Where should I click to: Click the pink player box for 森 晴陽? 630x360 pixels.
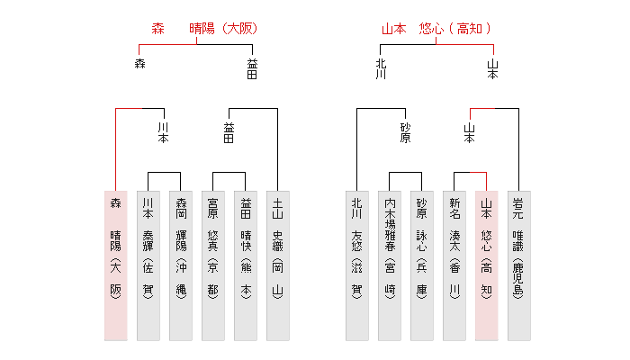(x=115, y=265)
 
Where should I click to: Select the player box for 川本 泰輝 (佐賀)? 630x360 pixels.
(x=148, y=265)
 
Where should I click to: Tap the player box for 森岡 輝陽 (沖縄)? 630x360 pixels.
(x=180, y=265)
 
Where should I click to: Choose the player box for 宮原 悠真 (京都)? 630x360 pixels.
(x=212, y=265)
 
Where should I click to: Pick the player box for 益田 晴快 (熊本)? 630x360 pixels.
(x=245, y=265)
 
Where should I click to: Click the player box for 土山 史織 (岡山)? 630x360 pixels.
(x=277, y=265)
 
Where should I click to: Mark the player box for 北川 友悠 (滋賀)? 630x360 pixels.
(x=356, y=265)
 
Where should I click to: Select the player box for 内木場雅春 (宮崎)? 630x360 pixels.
(x=389, y=265)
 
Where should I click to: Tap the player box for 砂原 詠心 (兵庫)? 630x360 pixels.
(x=421, y=265)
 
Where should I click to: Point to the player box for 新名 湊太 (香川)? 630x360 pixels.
(x=454, y=265)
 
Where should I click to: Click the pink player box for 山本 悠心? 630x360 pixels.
(x=486, y=265)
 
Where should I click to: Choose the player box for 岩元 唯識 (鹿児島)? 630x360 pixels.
(x=518, y=265)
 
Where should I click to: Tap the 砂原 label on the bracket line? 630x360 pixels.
(x=405, y=133)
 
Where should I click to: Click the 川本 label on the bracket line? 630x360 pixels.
(x=163, y=133)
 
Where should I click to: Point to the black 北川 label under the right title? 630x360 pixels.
(x=382, y=69)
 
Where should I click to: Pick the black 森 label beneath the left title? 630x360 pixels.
(x=139, y=63)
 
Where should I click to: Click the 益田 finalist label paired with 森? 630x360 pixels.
(x=252, y=69)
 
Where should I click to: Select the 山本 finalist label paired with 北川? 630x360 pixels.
(x=492, y=69)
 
